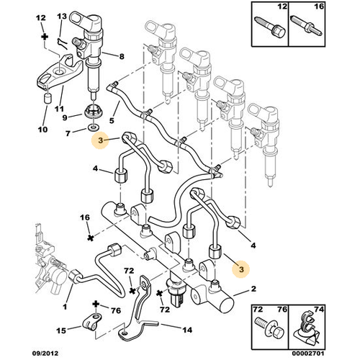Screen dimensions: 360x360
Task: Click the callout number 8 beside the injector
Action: click(122, 56)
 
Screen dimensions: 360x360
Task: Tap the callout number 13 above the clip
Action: click(62, 17)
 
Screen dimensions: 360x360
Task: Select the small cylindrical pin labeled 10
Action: click(48, 98)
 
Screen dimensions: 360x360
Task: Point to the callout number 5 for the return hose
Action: click(112, 120)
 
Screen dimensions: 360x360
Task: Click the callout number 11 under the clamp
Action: click(59, 109)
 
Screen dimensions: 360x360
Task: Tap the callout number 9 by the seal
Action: click(65, 117)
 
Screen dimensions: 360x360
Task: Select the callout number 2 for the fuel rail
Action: click(253, 289)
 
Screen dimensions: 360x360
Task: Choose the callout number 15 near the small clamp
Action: click(61, 330)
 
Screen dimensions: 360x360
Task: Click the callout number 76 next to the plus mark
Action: click(116, 310)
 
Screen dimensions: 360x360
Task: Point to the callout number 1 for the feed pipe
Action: click(65, 307)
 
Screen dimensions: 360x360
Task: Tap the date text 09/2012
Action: click(45, 354)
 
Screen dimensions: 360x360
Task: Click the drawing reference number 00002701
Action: click(308, 354)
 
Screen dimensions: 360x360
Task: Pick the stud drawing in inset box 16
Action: click(307, 26)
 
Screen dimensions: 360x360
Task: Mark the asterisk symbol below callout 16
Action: click(91, 238)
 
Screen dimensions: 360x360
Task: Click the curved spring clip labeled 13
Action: click(63, 43)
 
